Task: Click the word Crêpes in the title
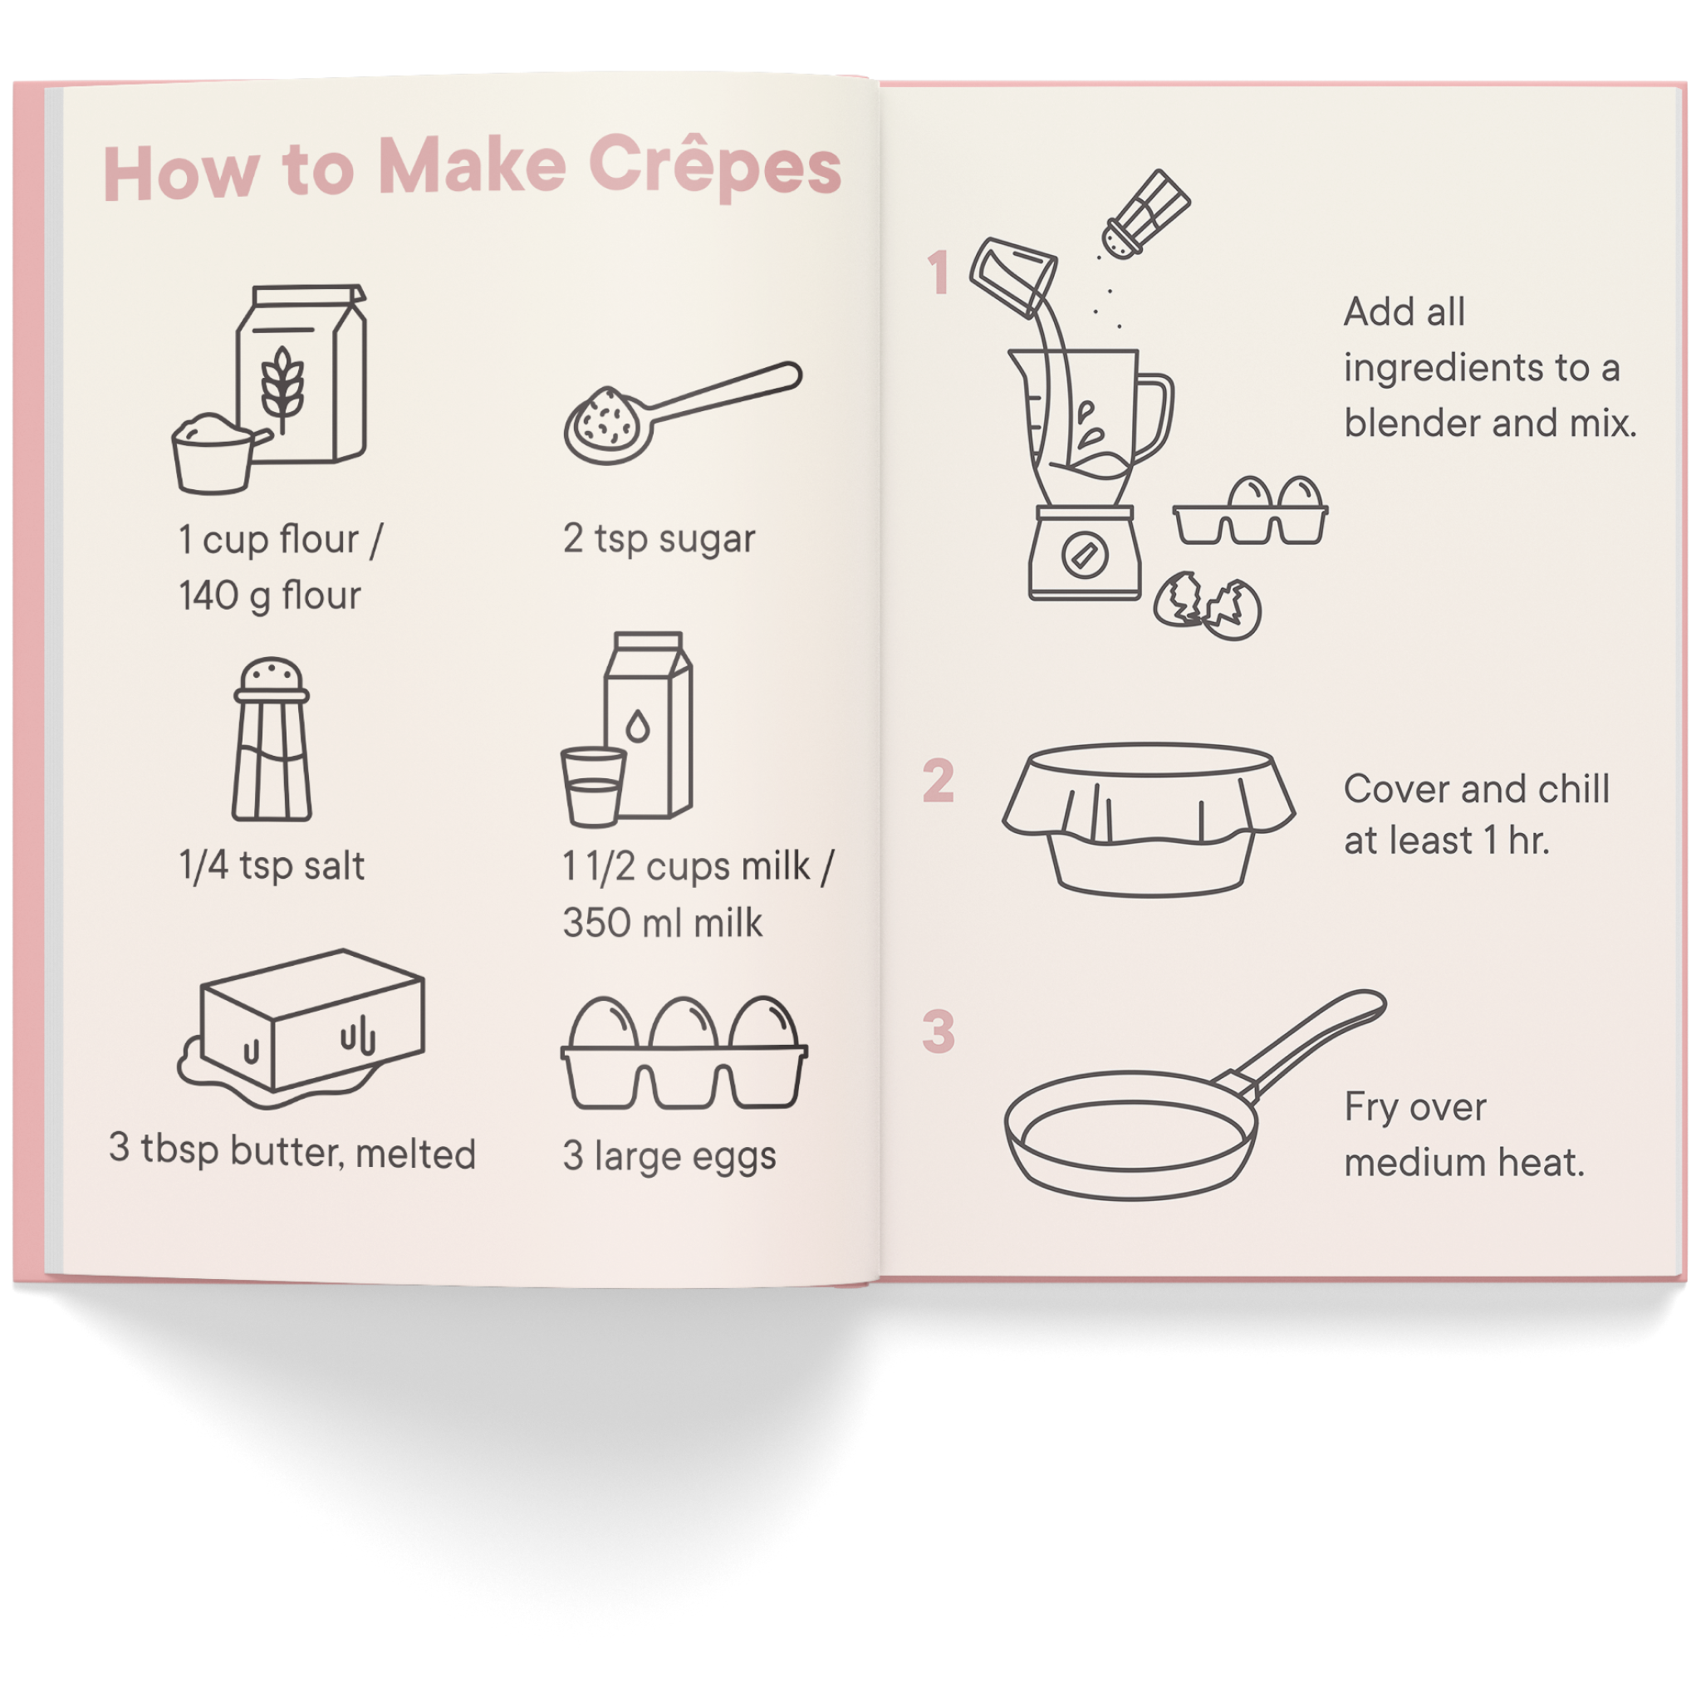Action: point(714,165)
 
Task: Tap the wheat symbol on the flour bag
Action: point(282,387)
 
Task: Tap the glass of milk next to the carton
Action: point(592,787)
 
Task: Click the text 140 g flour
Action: point(269,596)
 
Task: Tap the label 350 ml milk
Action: point(662,923)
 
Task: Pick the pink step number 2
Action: point(939,780)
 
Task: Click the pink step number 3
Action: point(939,1031)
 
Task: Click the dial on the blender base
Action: point(1081,555)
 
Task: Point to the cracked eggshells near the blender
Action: point(1207,605)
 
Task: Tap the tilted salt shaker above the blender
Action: point(1145,214)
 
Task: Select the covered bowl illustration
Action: point(1147,819)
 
